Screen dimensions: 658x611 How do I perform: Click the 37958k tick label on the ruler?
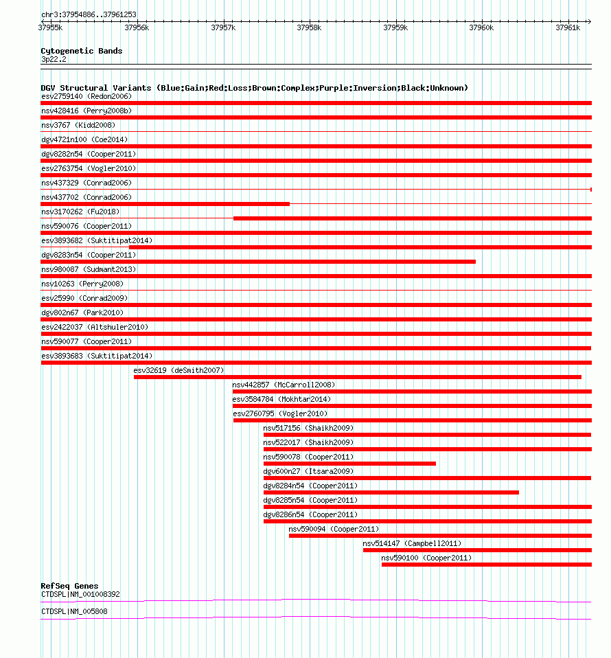pos(309,27)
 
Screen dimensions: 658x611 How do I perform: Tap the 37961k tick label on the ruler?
pos(568,27)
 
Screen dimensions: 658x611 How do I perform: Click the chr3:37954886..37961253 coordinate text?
pos(89,14)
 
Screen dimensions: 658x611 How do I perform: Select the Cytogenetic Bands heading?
pos(81,51)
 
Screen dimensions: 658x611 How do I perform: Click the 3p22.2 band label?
pos(54,60)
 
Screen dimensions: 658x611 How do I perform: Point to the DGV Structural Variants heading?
pos(254,88)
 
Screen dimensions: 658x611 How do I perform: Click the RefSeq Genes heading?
pos(69,586)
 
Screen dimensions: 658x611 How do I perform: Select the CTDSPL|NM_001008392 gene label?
pos(80,594)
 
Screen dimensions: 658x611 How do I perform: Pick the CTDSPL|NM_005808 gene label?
pos(74,611)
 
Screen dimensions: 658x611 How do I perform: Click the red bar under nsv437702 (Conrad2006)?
pos(165,204)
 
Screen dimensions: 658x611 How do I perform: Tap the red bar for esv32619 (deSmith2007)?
pos(357,377)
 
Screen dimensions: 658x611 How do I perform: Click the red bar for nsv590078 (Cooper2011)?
pos(349,464)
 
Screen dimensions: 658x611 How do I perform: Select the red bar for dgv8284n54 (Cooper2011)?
pos(391,492)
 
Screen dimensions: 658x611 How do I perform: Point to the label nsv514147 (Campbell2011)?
pos(412,543)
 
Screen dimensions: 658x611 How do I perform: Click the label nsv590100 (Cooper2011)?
pos(426,558)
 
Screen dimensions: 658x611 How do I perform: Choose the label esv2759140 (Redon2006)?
pos(86,96)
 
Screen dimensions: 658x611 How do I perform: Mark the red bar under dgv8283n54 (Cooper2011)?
pos(258,262)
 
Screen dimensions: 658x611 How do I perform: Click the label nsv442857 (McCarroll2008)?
pos(284,385)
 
